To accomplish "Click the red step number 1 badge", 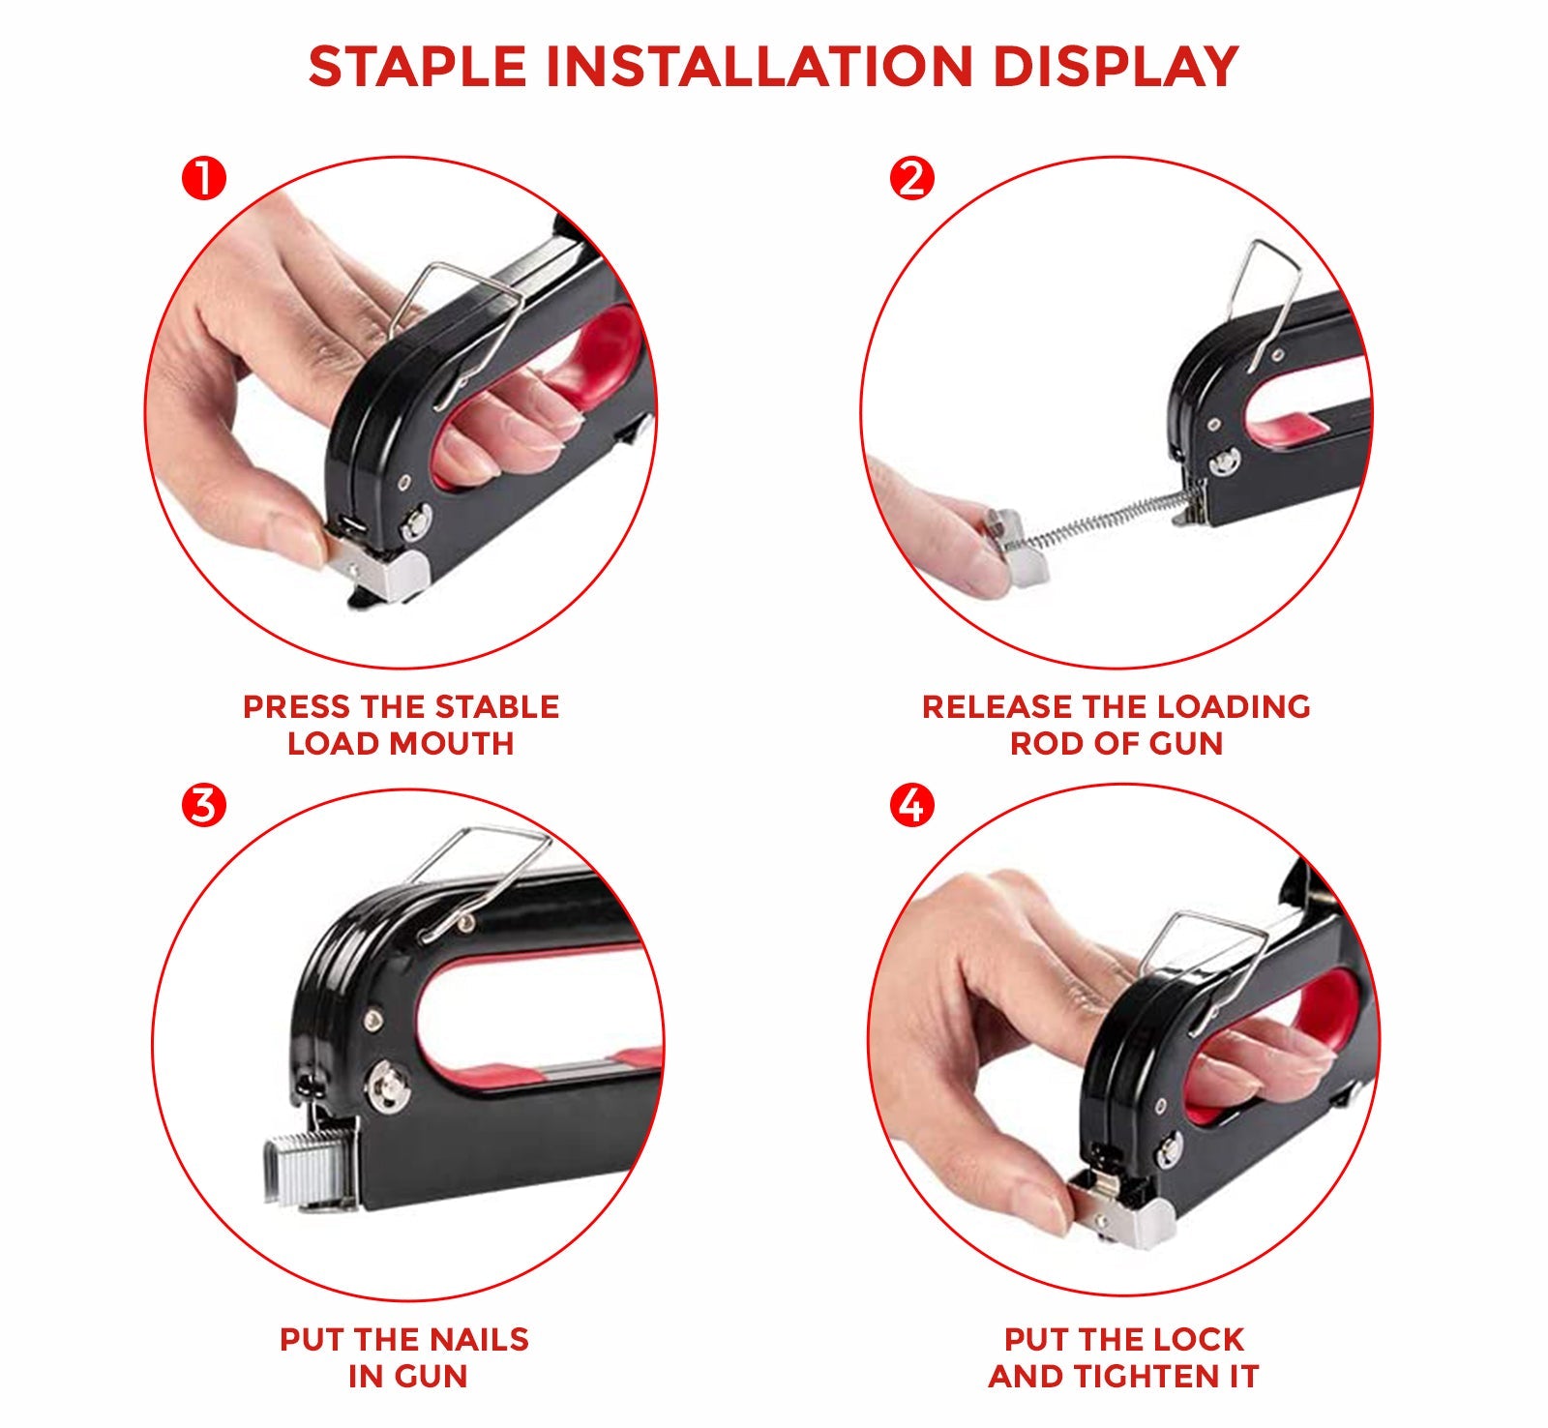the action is click(203, 179).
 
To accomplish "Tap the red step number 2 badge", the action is click(911, 179).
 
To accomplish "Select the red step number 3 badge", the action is click(203, 805).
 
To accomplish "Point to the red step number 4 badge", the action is click(911, 805).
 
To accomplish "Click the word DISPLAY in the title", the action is click(1116, 67).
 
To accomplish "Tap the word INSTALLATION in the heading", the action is click(759, 67).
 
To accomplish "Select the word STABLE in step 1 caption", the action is click(496, 707).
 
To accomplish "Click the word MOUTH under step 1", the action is click(454, 744).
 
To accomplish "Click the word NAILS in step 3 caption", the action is click(479, 1340).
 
